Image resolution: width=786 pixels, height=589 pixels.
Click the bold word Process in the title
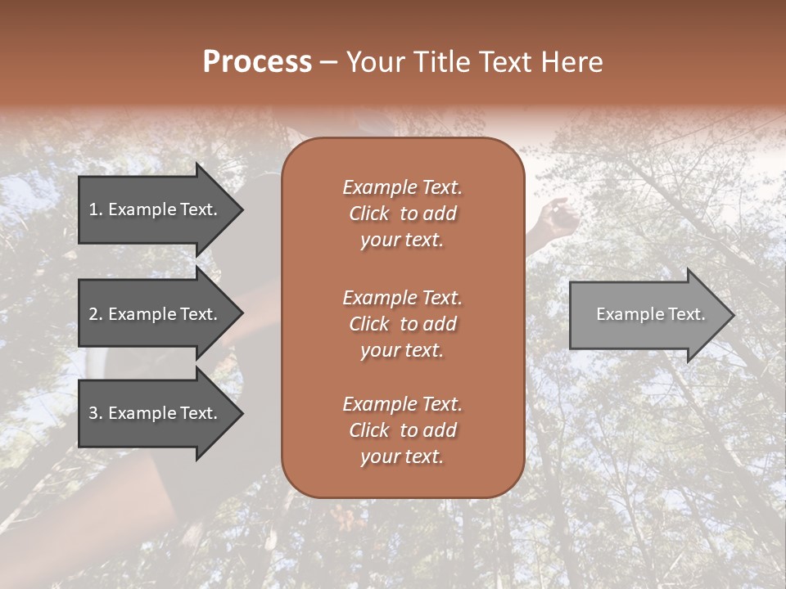point(257,62)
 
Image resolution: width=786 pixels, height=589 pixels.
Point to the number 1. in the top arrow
point(95,209)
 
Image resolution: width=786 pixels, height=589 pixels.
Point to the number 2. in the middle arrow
point(95,314)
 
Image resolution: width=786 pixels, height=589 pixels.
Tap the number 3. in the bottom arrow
point(95,413)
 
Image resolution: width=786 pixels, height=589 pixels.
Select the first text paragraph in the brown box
point(402,214)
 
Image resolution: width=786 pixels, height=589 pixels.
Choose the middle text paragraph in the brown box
point(402,323)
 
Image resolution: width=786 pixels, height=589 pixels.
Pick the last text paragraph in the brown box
point(402,429)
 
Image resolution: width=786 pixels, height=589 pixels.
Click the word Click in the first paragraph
point(368,214)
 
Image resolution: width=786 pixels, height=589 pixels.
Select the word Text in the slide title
point(504,62)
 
